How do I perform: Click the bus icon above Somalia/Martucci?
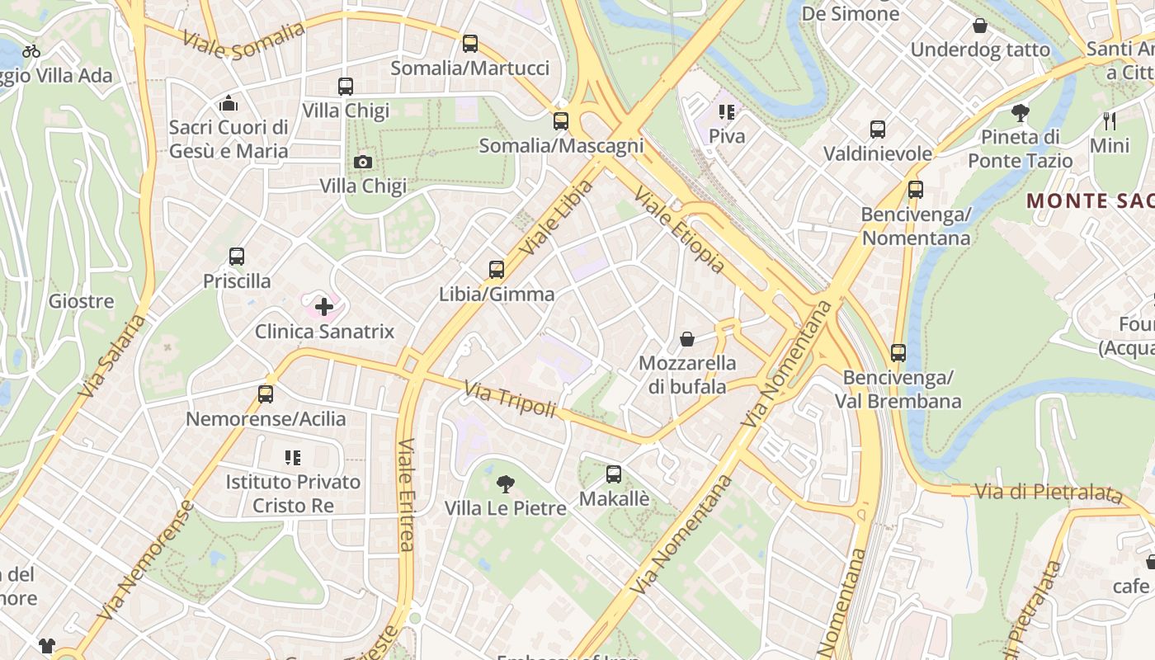(x=470, y=44)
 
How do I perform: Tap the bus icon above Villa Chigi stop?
(x=346, y=87)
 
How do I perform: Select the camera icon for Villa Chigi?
(x=363, y=162)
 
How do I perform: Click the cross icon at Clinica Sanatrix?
(x=324, y=308)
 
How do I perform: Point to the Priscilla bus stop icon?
(x=237, y=257)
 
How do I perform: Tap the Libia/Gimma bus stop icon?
(x=497, y=270)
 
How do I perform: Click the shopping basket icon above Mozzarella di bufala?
(x=687, y=339)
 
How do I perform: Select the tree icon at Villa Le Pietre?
(x=506, y=484)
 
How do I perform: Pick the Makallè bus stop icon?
(x=614, y=474)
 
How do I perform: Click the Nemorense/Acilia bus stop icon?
(x=266, y=394)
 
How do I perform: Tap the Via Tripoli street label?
(x=510, y=399)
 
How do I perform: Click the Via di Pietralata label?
(x=1048, y=493)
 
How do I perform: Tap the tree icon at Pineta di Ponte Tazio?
(x=1021, y=112)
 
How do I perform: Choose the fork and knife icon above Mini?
(x=1110, y=121)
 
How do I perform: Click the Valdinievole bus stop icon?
(x=878, y=130)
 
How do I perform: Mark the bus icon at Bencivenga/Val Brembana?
(x=898, y=353)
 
